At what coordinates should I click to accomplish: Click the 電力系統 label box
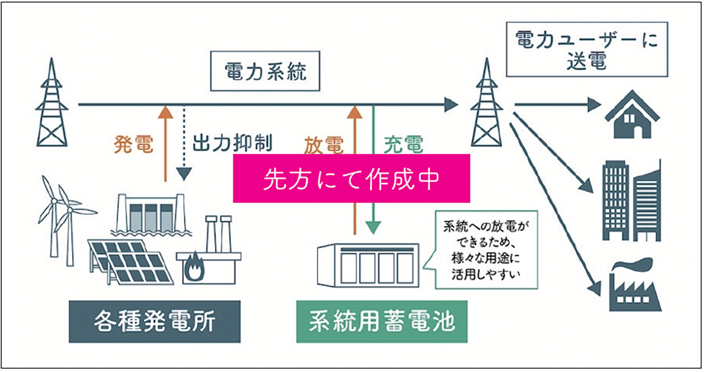coord(265,74)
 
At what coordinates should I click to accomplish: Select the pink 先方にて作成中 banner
coord(352,179)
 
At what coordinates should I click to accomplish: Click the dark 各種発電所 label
coord(154,321)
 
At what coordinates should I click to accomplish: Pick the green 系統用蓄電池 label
coord(382,321)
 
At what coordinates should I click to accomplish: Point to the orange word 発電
coord(134,145)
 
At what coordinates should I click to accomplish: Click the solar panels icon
coord(129,261)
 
